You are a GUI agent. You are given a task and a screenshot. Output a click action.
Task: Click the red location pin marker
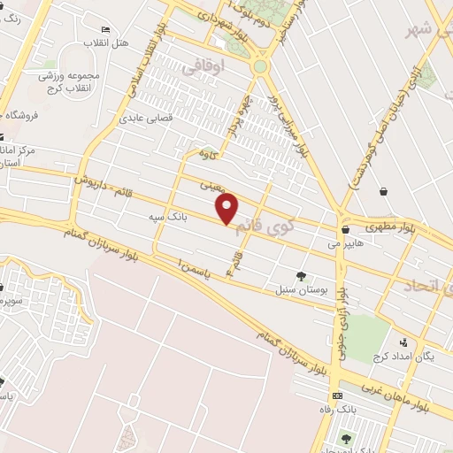228,207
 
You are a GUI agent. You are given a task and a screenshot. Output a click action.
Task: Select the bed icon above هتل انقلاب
107,31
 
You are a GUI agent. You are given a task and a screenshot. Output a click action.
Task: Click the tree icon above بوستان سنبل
301,276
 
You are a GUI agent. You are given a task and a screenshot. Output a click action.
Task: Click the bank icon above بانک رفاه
336,395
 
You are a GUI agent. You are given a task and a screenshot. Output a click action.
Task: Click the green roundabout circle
260,66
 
